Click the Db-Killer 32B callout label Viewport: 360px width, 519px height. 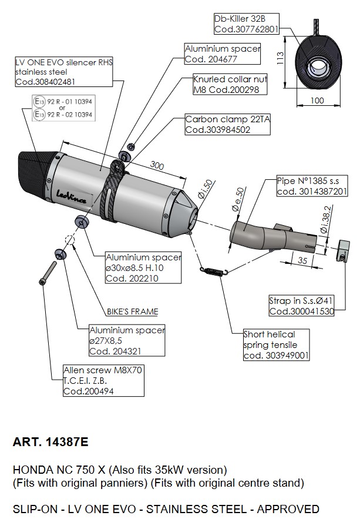(246, 24)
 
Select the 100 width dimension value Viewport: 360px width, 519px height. (317, 101)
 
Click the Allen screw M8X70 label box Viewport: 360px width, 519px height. (103, 381)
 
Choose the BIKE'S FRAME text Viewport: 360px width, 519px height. (132, 312)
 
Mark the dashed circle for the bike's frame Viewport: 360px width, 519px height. (69, 240)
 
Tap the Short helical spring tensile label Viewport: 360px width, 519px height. (276, 345)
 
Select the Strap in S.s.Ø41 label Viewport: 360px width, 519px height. (301, 306)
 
